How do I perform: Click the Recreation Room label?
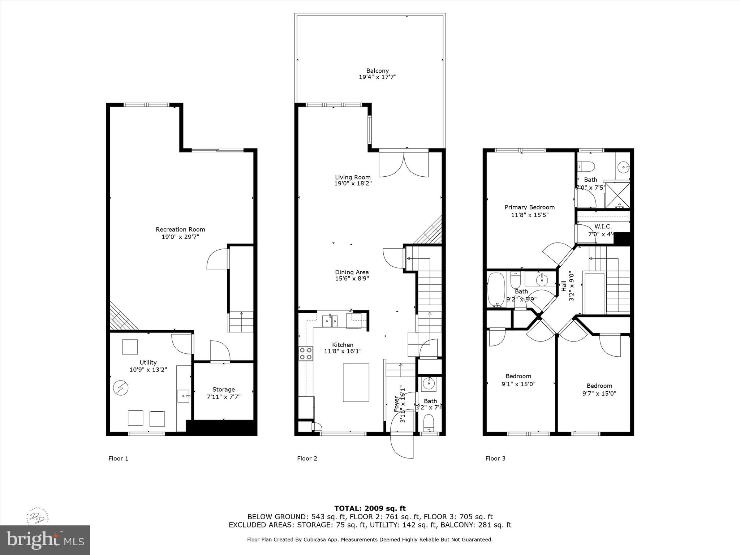click(180, 229)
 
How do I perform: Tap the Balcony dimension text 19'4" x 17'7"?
click(378, 77)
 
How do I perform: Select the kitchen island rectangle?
click(356, 383)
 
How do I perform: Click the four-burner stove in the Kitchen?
click(306, 353)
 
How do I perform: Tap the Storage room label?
click(223, 390)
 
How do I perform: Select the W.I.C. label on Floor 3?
click(603, 227)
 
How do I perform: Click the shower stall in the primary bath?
click(618, 195)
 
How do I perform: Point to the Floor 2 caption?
click(307, 459)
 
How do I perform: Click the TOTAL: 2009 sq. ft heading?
click(370, 509)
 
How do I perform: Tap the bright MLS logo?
click(45, 540)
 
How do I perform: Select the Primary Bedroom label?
click(529, 207)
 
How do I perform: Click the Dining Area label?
click(352, 272)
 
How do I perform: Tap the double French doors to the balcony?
click(404, 164)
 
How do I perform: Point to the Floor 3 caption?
click(495, 459)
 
